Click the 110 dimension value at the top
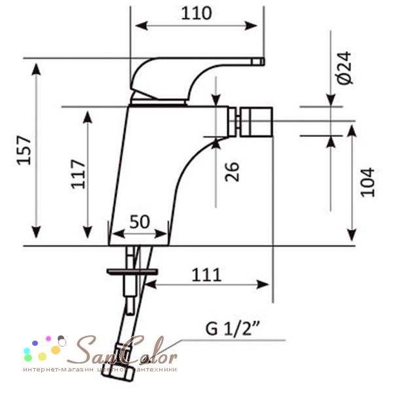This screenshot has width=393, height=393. [x=196, y=13]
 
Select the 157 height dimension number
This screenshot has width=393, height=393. [x=24, y=150]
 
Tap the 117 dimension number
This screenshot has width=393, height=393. [x=78, y=174]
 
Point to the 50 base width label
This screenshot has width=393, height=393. [x=140, y=221]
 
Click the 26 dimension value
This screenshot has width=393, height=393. [x=232, y=172]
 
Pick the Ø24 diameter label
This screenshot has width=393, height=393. [x=345, y=68]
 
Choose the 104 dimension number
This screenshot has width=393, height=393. [x=367, y=182]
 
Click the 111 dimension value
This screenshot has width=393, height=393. [x=206, y=275]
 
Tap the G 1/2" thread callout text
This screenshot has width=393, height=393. [x=232, y=328]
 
